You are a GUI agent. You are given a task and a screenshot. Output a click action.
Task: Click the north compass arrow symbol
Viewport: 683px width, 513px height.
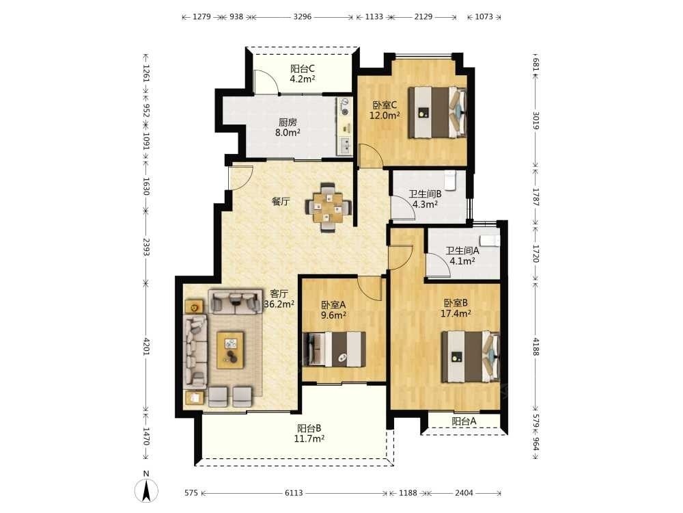click(x=146, y=490)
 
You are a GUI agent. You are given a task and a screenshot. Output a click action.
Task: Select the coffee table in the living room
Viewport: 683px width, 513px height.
click(x=230, y=350)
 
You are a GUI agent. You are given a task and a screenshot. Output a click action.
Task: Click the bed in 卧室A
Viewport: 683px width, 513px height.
click(x=334, y=349)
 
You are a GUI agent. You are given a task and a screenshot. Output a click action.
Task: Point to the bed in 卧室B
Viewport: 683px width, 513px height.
click(x=471, y=356)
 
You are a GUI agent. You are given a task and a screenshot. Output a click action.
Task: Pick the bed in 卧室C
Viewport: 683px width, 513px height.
click(x=437, y=112)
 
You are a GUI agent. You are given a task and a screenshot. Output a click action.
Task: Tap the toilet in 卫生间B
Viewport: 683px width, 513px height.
click(x=450, y=180)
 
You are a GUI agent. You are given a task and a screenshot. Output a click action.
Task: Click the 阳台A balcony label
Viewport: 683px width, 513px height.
click(x=464, y=421)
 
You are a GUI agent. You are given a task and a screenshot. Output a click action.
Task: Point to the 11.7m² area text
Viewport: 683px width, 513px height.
click(x=309, y=439)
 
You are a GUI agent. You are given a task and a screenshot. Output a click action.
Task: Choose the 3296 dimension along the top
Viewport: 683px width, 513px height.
click(x=303, y=16)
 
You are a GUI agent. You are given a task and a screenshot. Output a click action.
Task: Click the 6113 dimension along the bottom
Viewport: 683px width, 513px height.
click(x=294, y=493)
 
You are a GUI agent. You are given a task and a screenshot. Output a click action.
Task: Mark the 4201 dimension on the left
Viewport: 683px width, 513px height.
click(x=146, y=346)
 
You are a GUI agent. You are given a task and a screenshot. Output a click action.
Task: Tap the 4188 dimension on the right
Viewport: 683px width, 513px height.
click(x=535, y=347)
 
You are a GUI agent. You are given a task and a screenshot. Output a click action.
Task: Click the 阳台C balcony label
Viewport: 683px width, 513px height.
click(x=303, y=69)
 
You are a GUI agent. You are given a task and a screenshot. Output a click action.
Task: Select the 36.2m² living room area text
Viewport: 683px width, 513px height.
click(x=279, y=304)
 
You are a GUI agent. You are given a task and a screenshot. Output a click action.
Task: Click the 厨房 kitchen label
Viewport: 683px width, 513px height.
click(x=288, y=122)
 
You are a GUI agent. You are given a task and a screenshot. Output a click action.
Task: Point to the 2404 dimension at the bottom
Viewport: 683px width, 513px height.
click(x=464, y=493)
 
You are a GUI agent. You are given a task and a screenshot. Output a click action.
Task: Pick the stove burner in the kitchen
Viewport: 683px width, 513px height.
click(x=345, y=111)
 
